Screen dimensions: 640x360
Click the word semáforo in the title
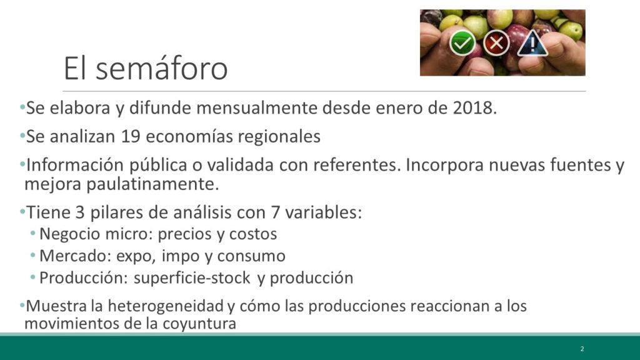pos(162,67)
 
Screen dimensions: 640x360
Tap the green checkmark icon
pos(462,43)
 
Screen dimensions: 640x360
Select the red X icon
pos(496,43)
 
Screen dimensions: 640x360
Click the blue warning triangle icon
pos(532,43)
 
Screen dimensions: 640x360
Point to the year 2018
pos(475,108)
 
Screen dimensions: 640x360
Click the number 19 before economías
pos(131,136)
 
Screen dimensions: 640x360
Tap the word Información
pos(75,165)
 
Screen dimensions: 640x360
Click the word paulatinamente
pos(152,184)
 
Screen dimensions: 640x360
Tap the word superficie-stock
pos(192,278)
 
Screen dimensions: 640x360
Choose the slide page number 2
pos(582,349)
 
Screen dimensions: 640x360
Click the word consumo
pos(251,256)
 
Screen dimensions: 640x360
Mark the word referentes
pos(356,165)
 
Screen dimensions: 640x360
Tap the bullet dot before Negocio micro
pos(33,234)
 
